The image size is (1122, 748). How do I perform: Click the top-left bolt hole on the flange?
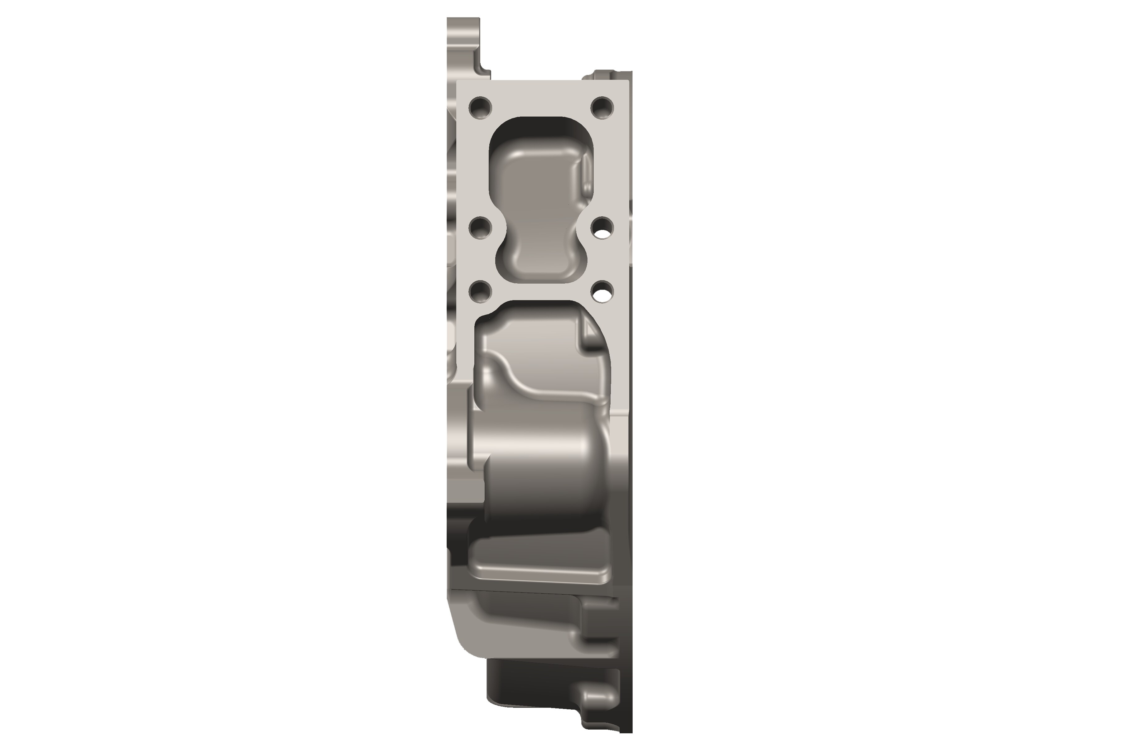[480, 108]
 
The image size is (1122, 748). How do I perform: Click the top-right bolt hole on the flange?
[602, 108]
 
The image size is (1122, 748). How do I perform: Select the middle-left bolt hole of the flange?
[480, 228]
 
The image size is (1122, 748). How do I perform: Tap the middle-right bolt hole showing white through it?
[602, 228]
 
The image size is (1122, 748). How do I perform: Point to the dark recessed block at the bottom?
[525, 692]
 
